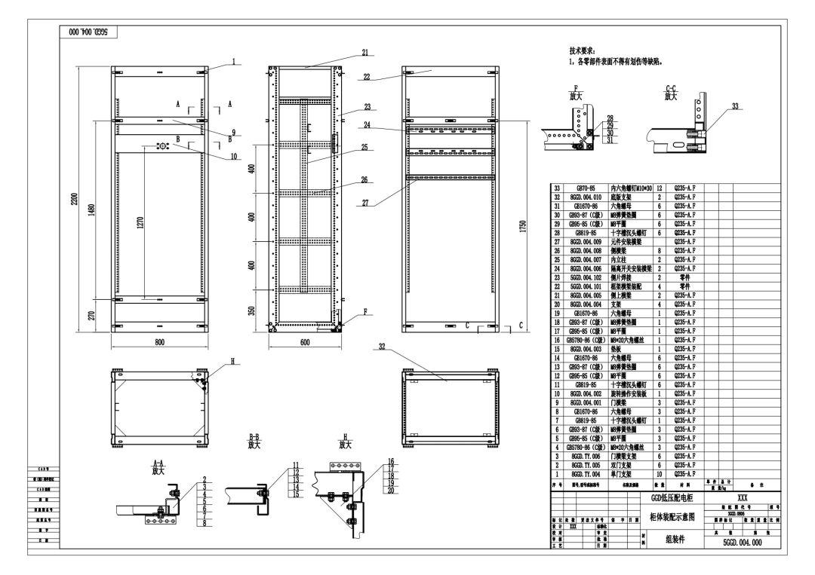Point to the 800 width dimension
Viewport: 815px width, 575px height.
[x=160, y=341]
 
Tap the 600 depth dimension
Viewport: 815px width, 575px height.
[x=304, y=341]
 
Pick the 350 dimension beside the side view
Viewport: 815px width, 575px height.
[x=260, y=310]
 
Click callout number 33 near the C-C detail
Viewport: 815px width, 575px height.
[x=734, y=106]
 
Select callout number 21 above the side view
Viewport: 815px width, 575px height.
[x=365, y=53]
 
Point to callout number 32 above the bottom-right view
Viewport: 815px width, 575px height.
[x=383, y=347]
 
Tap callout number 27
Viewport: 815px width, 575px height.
[x=365, y=202]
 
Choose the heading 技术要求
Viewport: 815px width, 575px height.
[x=582, y=50]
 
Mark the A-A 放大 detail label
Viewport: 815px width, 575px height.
[x=158, y=466]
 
